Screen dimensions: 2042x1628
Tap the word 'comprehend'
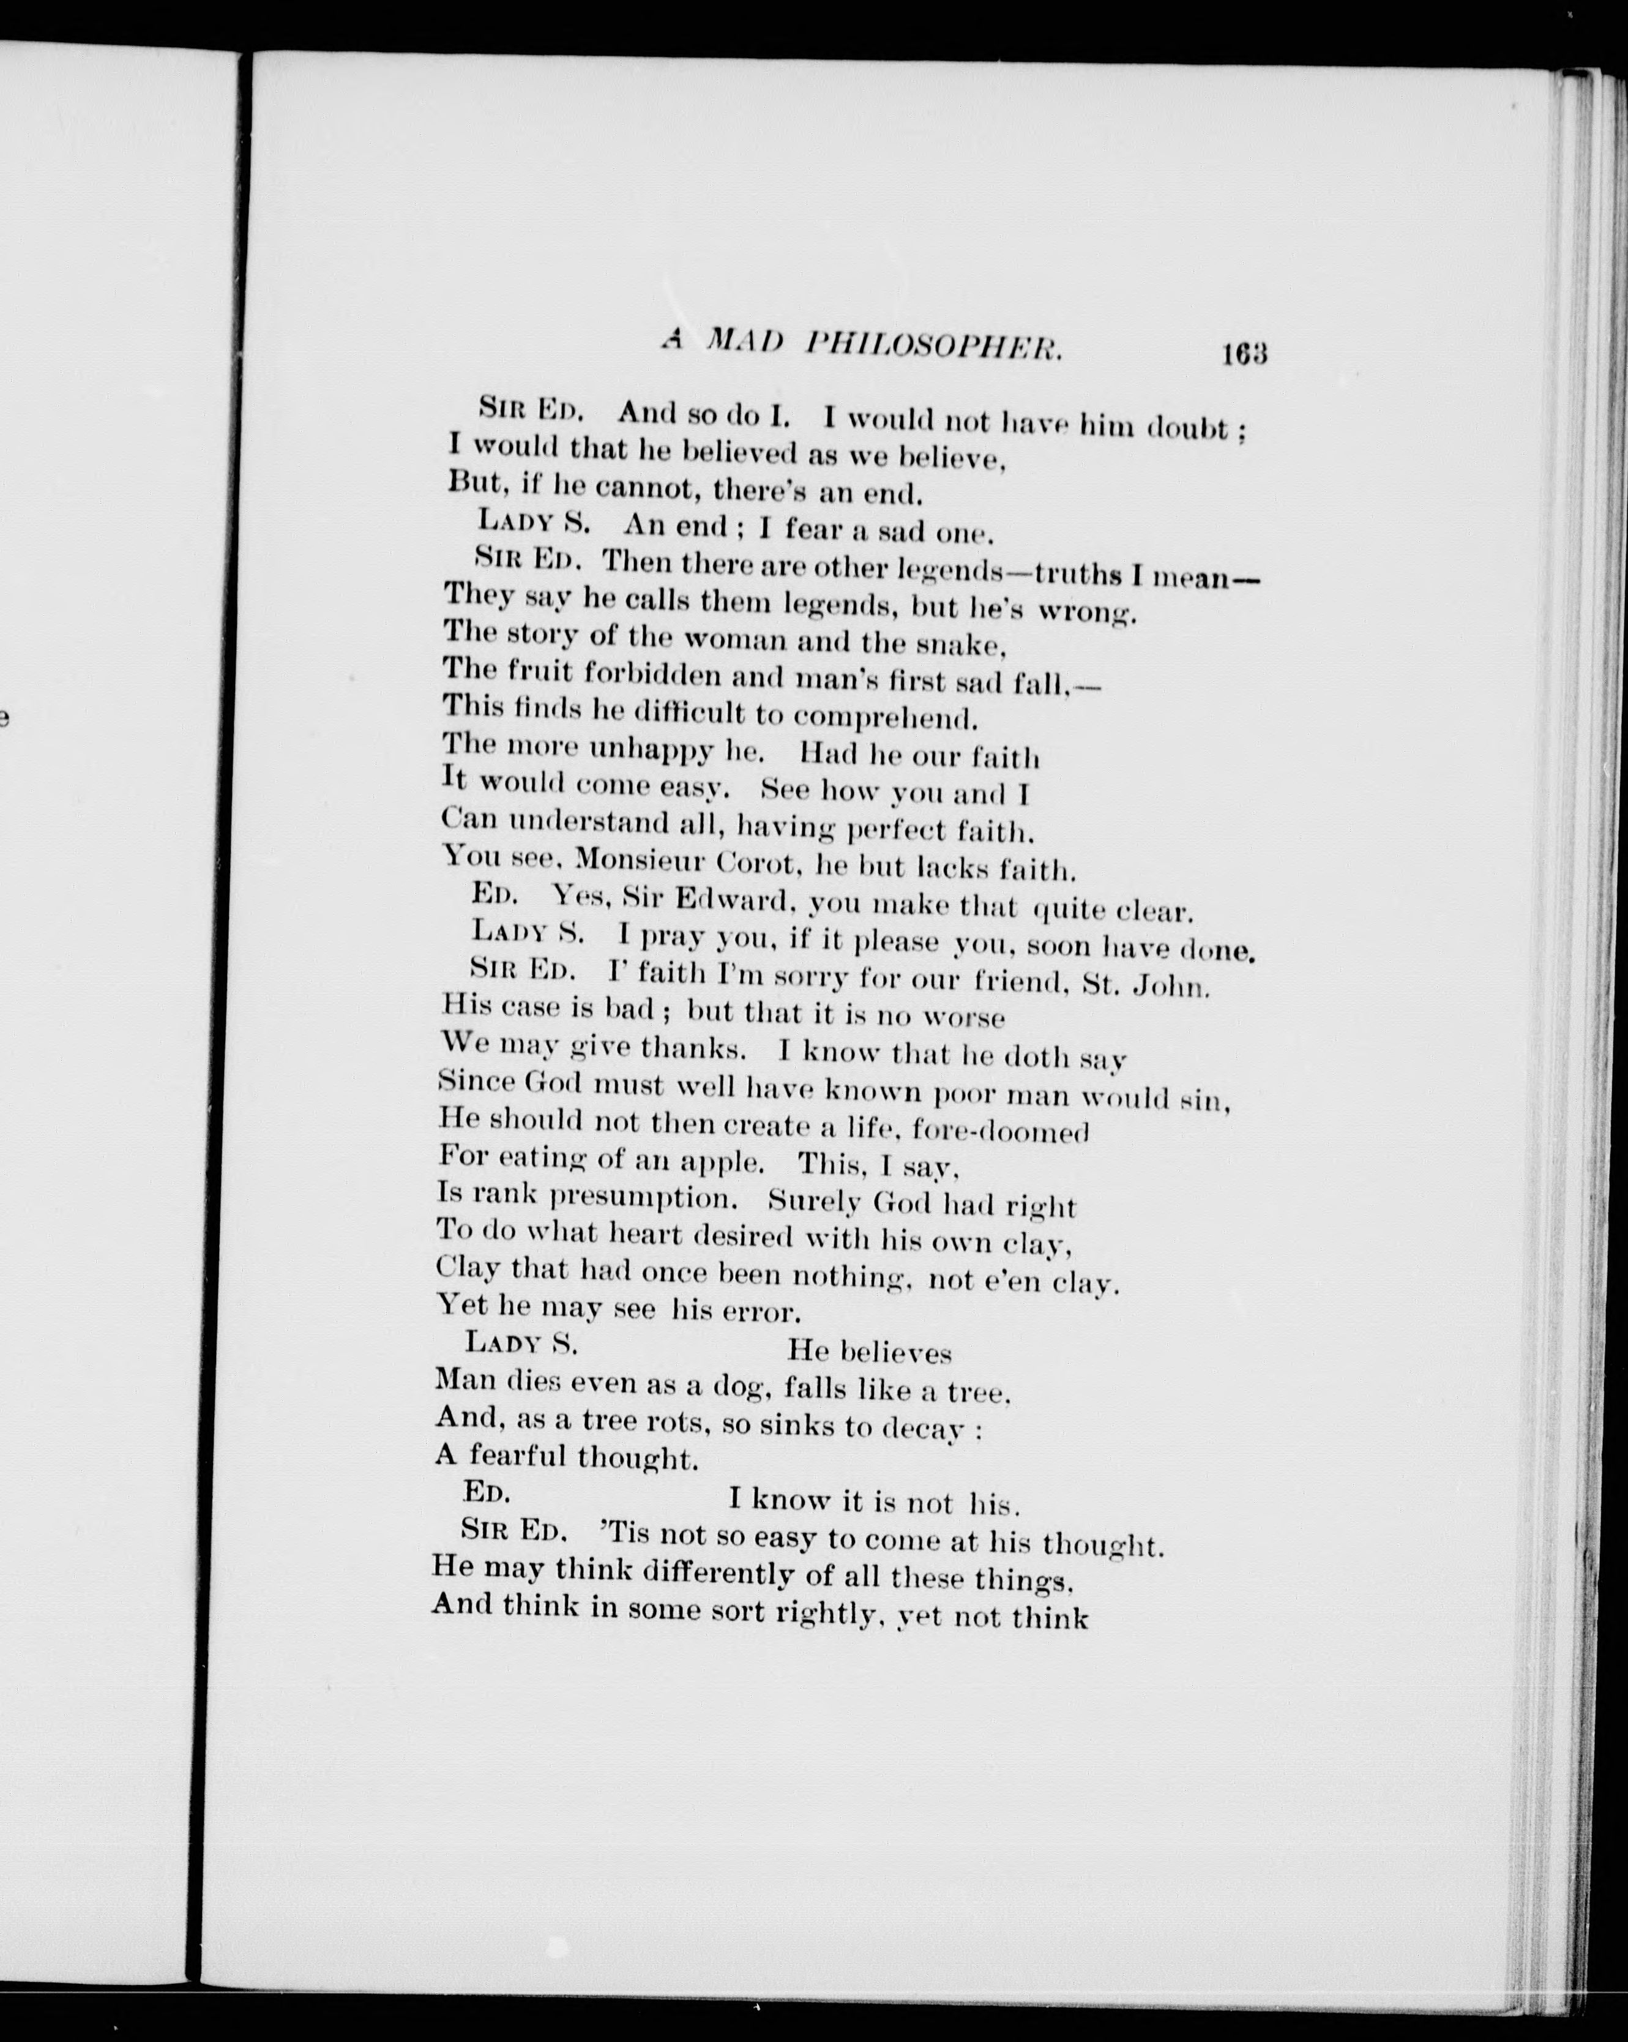(884, 717)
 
